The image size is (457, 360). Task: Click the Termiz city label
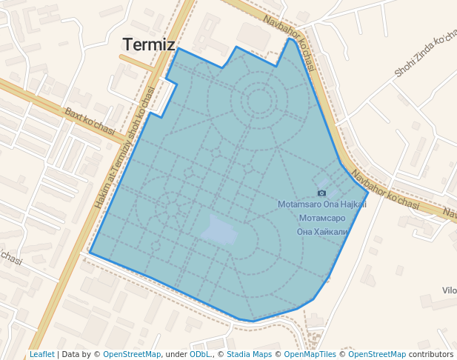(148, 44)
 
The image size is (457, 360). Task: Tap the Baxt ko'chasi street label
(90, 124)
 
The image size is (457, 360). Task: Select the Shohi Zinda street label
(424, 56)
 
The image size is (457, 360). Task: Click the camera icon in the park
(321, 193)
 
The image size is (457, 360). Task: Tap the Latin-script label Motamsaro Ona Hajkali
(321, 204)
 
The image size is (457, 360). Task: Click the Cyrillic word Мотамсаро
(321, 219)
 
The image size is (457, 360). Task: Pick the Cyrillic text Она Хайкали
(321, 231)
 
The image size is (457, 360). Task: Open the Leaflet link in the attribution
(42, 354)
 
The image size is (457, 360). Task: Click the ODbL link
(200, 354)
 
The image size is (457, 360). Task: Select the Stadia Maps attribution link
(249, 354)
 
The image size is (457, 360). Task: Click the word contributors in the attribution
(430, 354)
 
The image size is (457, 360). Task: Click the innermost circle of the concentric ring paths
(259, 101)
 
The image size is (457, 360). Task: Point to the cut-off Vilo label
(449, 290)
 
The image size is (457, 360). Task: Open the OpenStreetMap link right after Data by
(132, 354)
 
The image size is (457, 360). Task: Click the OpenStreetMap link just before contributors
(377, 354)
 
